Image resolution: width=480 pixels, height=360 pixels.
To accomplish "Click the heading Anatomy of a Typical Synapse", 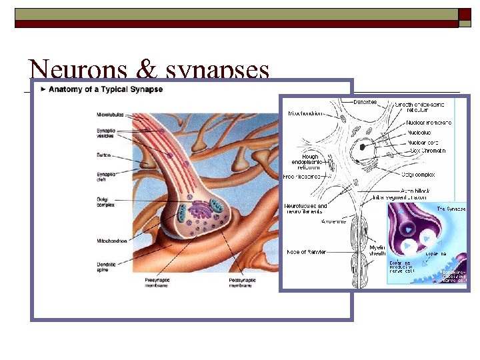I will (105, 89).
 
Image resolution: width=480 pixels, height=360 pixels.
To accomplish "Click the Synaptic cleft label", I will (107, 178).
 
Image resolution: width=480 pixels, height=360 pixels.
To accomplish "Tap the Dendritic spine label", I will (109, 266).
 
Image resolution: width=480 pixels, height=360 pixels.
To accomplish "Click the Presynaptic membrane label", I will (157, 283).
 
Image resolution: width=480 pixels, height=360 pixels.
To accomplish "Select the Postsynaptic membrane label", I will (243, 283).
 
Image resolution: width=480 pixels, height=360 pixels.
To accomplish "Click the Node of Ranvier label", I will (307, 252).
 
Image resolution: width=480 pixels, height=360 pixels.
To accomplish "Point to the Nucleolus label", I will (419, 133).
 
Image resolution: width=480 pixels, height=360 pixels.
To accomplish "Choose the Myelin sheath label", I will (377, 250).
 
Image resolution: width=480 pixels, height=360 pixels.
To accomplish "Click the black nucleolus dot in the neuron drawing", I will (364, 145).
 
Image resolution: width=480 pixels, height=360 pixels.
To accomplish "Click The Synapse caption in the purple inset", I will (451, 209).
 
